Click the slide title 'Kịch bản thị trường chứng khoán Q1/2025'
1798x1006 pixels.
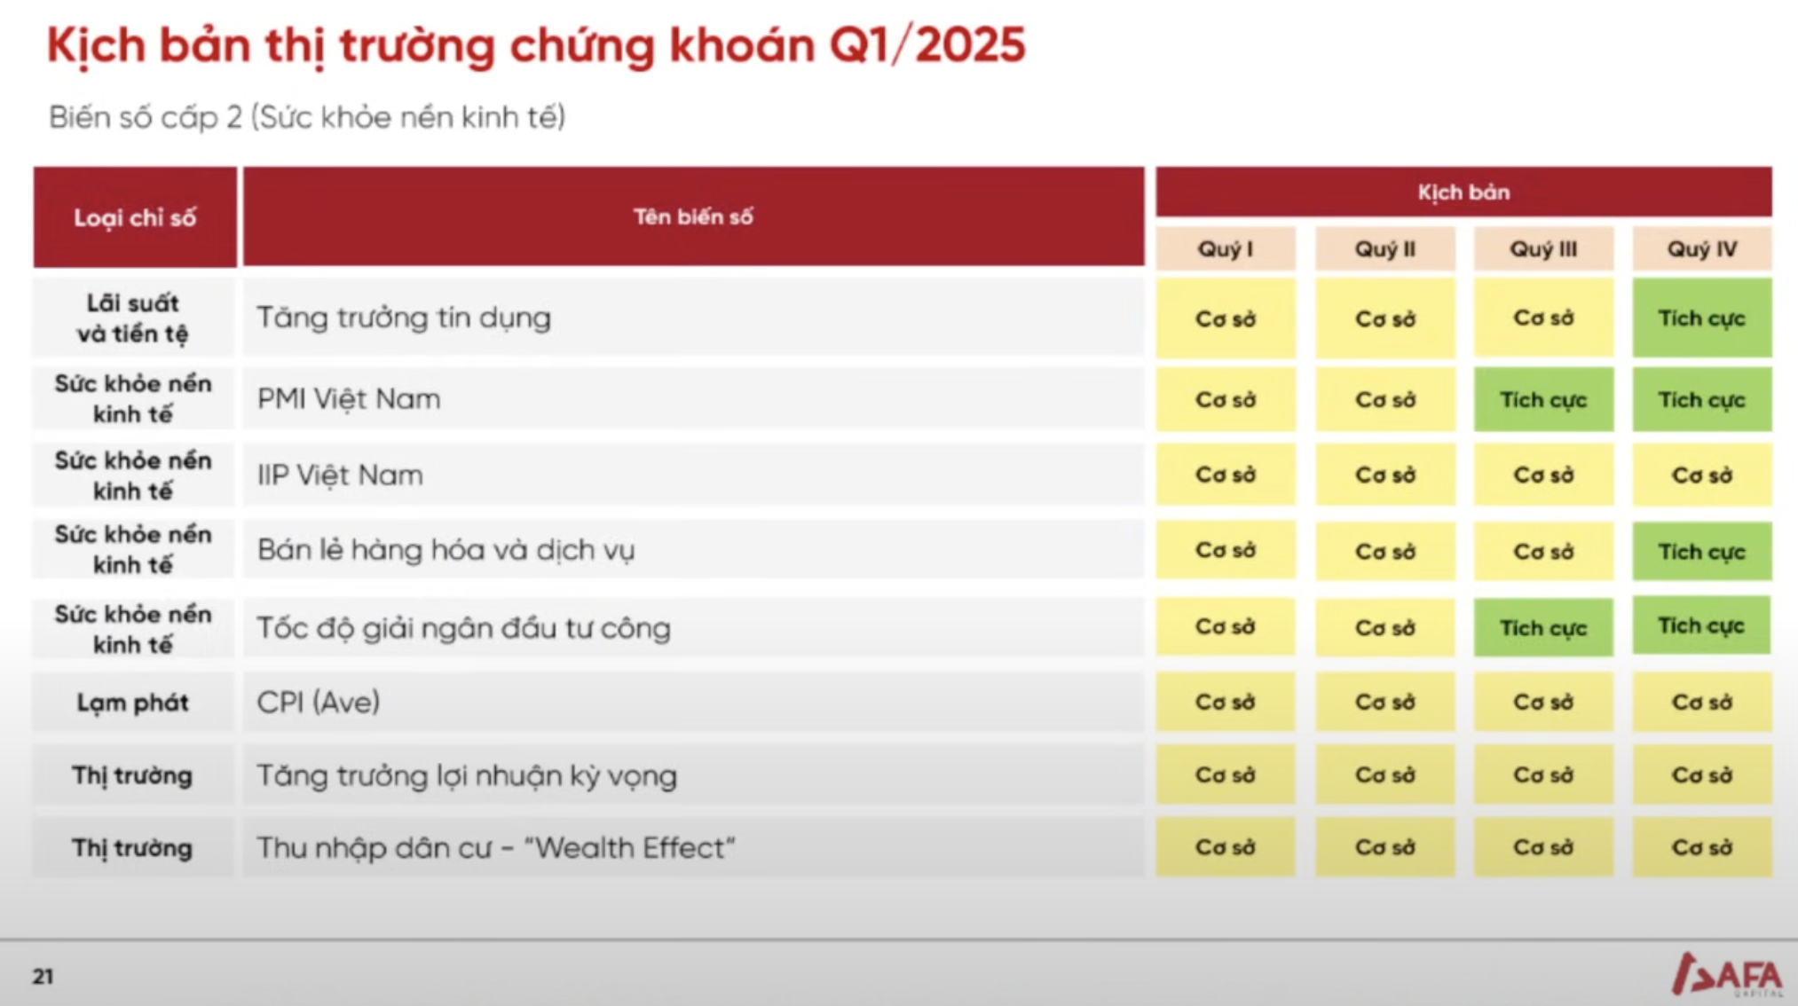pos(536,46)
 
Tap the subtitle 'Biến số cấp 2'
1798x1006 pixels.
pos(146,117)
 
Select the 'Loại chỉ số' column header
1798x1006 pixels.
pos(135,217)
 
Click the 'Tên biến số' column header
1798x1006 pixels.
pos(693,216)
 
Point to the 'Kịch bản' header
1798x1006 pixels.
pos(1463,192)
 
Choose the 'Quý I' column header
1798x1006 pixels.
pos(1226,249)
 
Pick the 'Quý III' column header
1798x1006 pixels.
pos(1543,249)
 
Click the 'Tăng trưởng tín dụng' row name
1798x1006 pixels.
pos(404,318)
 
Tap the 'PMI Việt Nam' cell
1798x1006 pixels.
pos(349,399)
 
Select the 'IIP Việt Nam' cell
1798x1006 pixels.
pos(340,475)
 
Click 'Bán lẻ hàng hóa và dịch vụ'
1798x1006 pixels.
pos(446,550)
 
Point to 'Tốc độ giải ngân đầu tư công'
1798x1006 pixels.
pos(463,628)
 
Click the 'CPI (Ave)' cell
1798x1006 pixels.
pos(319,703)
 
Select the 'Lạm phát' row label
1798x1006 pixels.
pos(133,703)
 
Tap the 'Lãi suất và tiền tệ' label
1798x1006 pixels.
pos(133,318)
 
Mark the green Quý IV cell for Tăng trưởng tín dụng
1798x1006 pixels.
pos(1702,318)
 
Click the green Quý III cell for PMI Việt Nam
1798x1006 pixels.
pos(1543,399)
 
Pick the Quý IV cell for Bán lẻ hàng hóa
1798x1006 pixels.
pos(1702,551)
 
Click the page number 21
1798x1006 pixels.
pos(43,977)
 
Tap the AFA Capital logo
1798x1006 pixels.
pos(1727,975)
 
